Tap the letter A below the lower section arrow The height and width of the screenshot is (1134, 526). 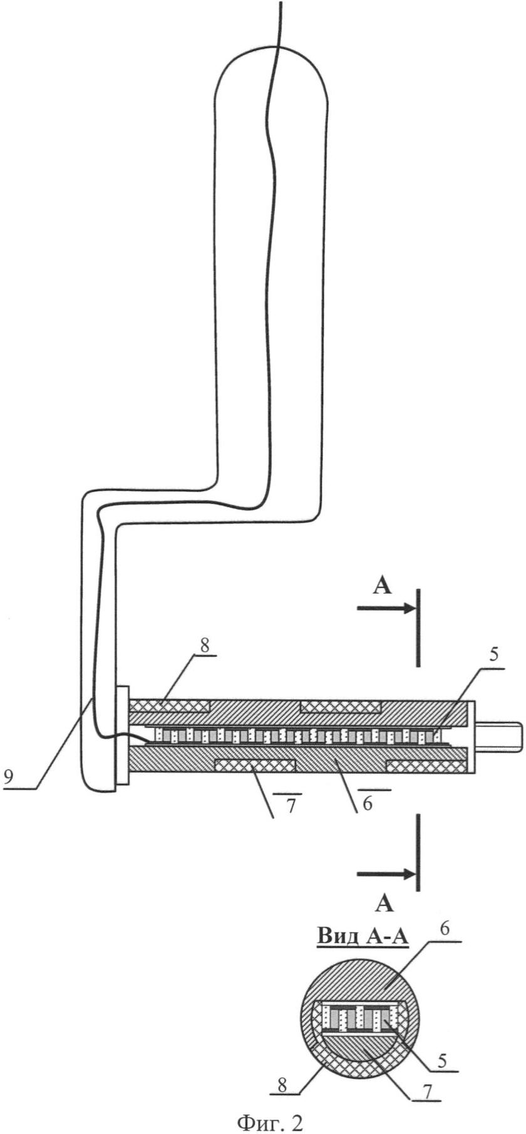(x=384, y=904)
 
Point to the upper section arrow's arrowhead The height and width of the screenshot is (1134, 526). (x=410, y=607)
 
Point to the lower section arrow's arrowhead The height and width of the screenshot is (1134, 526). (x=410, y=873)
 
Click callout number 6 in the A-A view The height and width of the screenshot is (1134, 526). (x=443, y=929)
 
